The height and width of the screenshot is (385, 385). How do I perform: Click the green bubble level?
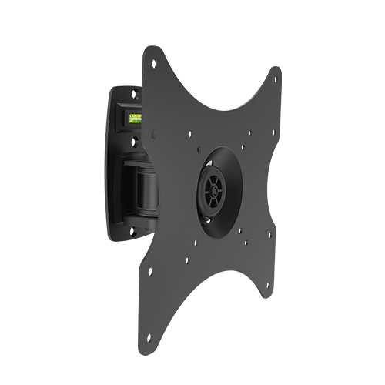[x=136, y=118]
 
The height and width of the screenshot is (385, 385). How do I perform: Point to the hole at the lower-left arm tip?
[x=151, y=271]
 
